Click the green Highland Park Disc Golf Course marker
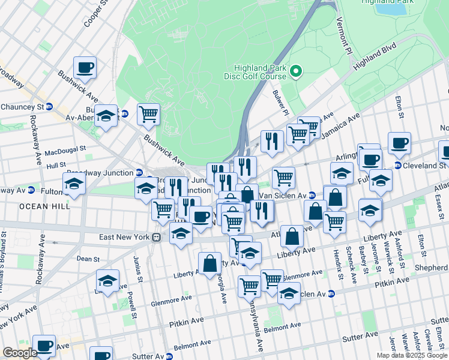[x=295, y=73]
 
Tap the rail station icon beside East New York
[x=156, y=237]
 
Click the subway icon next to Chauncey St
[x=49, y=107]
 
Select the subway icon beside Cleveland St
[x=397, y=166]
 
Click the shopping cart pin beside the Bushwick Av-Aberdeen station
[x=148, y=113]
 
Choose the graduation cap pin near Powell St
[x=107, y=280]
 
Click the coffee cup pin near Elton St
[x=399, y=143]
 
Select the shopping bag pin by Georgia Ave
[x=209, y=263]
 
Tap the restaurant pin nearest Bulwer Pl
[x=272, y=141]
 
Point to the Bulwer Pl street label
[x=280, y=103]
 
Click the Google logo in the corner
[x=20, y=353]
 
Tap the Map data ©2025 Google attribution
[x=412, y=355]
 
